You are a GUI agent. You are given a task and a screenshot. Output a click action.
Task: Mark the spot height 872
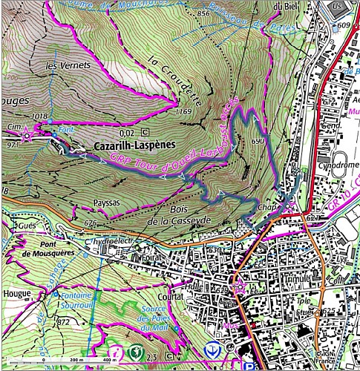pyautogui.click(x=63, y=322)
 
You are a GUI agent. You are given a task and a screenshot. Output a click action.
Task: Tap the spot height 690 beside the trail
pyautogui.click(x=258, y=140)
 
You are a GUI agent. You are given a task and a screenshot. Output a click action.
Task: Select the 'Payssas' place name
pyautogui.click(x=108, y=200)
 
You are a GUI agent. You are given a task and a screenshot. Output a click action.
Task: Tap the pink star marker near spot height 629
pyautogui.click(x=239, y=286)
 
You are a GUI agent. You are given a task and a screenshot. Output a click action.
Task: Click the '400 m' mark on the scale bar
pyautogui.click(x=109, y=359)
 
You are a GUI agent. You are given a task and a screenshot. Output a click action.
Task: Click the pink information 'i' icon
pyautogui.click(x=117, y=350)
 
